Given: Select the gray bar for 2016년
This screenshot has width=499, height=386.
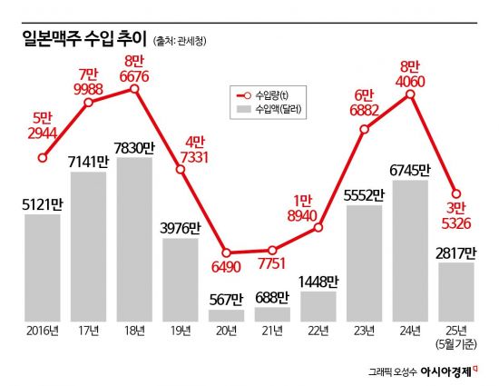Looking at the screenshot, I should [x=43, y=268].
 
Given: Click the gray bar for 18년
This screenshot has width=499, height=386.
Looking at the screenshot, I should [x=135, y=240].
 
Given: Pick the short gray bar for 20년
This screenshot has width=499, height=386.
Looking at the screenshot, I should [x=227, y=315].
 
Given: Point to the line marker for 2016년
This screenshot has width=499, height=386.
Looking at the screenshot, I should [x=43, y=157].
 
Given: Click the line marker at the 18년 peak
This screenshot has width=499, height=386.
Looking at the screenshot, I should [x=135, y=88].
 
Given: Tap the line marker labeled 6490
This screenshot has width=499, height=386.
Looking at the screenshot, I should [x=227, y=252].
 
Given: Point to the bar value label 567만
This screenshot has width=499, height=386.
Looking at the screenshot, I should [x=225, y=299].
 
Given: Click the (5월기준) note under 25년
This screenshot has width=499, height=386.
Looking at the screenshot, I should [x=456, y=345].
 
